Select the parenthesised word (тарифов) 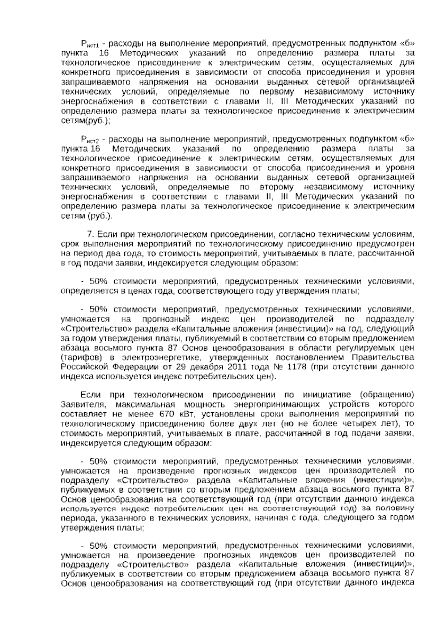click(80, 357)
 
